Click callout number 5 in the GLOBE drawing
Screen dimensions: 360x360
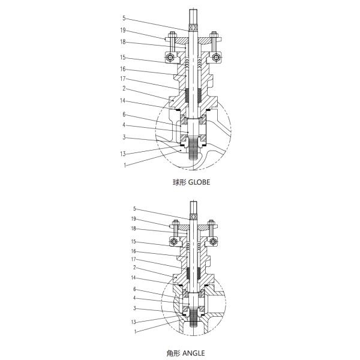tap(125, 19)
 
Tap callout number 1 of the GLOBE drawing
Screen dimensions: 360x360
tap(125, 165)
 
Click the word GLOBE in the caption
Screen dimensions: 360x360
tap(199, 182)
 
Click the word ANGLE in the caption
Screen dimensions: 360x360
tap(194, 353)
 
